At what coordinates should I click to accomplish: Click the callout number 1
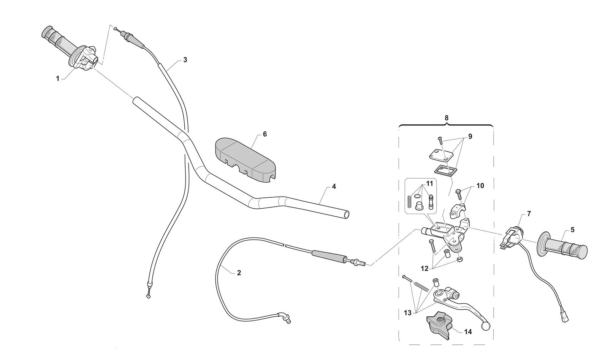(58, 78)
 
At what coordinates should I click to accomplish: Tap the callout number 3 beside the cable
(185, 60)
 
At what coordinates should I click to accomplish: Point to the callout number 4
(334, 187)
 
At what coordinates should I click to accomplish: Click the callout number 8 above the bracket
(447, 118)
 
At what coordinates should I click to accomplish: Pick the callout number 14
(468, 332)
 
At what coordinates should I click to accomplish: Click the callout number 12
(424, 268)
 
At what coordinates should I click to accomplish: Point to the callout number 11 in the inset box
(429, 183)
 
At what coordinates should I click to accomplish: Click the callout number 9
(470, 136)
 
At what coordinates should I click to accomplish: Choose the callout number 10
(480, 186)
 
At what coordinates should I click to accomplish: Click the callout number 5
(572, 230)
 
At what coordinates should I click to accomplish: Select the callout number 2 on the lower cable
(239, 273)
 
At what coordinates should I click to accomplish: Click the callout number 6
(264, 134)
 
